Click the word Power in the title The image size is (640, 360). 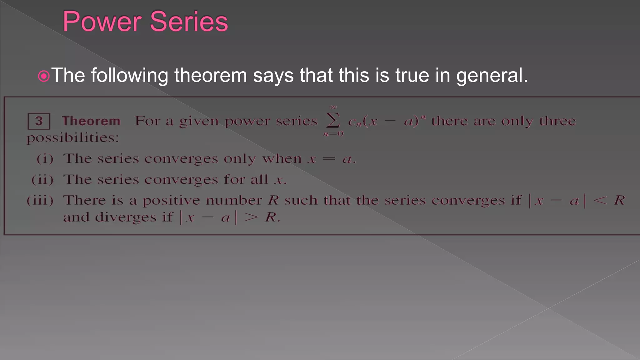tap(102, 22)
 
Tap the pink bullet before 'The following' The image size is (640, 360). tap(44, 76)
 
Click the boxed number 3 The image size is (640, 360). tap(39, 121)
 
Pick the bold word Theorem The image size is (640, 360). tap(91, 121)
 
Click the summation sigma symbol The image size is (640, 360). tap(333, 121)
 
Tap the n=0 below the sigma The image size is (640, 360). tap(333, 134)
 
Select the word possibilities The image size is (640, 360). tap(72, 138)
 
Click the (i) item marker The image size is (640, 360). tap(45, 159)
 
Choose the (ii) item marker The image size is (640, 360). tap(42, 180)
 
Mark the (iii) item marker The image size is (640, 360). tap(40, 200)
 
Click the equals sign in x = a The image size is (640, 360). tap(328, 159)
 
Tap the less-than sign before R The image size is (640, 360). tap(600, 200)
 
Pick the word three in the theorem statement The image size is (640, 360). tap(557, 121)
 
